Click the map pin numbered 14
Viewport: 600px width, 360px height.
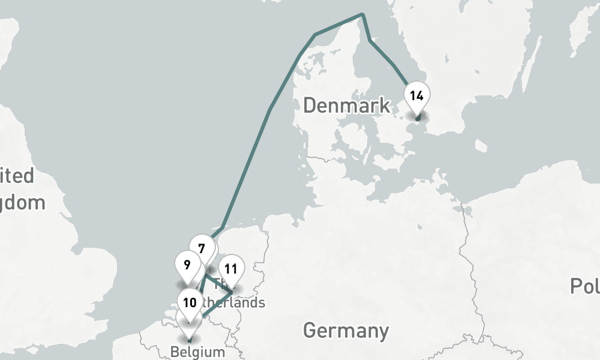click(x=417, y=96)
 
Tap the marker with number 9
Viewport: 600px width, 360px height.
click(x=187, y=265)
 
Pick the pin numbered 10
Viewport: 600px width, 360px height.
click(x=190, y=302)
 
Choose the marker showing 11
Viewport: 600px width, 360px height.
click(x=232, y=269)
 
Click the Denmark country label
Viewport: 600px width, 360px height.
click(x=346, y=106)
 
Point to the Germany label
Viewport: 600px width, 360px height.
click(x=346, y=330)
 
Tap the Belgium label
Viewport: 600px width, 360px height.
click(x=197, y=352)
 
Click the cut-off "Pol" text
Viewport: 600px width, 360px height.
click(x=584, y=286)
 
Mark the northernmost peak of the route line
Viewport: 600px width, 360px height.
click(x=362, y=14)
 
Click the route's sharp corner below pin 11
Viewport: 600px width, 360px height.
click(x=232, y=293)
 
